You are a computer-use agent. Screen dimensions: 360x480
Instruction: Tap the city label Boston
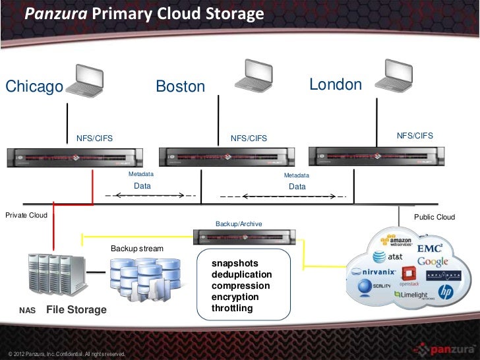pyautogui.click(x=180, y=87)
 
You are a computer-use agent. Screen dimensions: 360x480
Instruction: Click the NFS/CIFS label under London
pyautogui.click(x=415, y=135)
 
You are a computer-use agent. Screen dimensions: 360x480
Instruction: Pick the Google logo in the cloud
pyautogui.click(x=433, y=262)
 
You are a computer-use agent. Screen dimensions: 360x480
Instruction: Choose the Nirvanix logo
pyautogui.click(x=373, y=272)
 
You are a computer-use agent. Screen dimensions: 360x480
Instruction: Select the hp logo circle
pyautogui.click(x=446, y=291)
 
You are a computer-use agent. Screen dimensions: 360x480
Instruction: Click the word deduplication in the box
pyautogui.click(x=241, y=274)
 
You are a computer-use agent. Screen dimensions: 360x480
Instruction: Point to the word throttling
pyautogui.click(x=232, y=308)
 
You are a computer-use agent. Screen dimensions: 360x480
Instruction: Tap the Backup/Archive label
pyautogui.click(x=239, y=224)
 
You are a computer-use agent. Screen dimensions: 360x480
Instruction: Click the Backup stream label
pyautogui.click(x=136, y=249)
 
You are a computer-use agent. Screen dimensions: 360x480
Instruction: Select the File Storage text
pyautogui.click(x=76, y=309)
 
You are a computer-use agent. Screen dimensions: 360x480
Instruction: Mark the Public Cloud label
pyautogui.click(x=434, y=217)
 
